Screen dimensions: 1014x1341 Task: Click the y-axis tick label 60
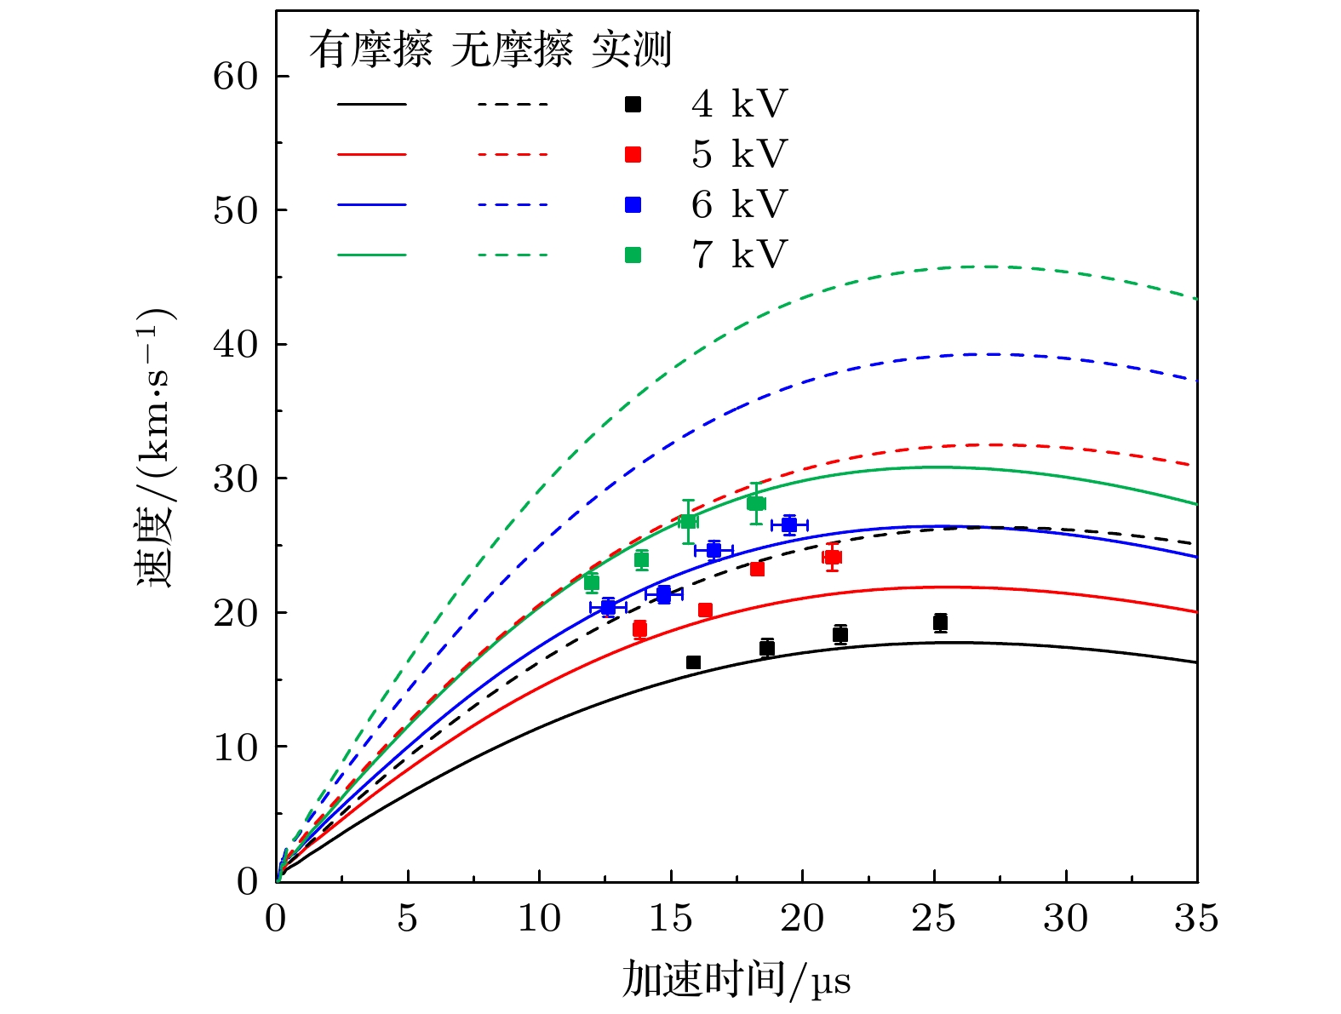coord(235,77)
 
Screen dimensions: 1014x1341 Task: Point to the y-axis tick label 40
coord(235,345)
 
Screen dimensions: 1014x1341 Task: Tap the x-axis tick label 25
coord(934,919)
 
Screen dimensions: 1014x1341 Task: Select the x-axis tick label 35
coord(1197,919)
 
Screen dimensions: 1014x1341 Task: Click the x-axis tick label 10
coord(539,919)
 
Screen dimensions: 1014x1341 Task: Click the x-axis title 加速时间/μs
coord(736,979)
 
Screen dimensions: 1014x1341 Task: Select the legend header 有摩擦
coord(370,50)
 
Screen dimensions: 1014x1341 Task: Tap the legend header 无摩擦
coord(512,50)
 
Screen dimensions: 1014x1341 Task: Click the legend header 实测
coord(632,50)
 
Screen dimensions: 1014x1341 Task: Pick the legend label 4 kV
coord(739,105)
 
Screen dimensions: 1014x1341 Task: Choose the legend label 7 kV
coord(739,255)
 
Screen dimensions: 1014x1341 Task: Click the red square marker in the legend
coord(633,155)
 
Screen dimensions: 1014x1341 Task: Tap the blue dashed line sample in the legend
coord(513,205)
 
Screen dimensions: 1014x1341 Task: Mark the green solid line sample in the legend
coord(372,255)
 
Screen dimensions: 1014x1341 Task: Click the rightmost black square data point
coord(940,622)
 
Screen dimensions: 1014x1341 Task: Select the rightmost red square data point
coord(832,558)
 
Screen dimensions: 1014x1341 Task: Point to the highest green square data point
coord(756,503)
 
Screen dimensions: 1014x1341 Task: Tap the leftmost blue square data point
coord(608,607)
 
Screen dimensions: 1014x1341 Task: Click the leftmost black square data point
coord(693,662)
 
